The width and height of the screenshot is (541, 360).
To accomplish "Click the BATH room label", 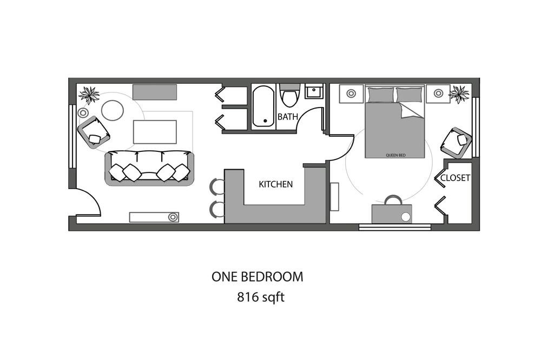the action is tap(288, 117).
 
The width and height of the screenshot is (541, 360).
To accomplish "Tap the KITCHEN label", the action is tap(276, 184).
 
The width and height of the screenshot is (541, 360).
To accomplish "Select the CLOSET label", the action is tap(455, 178).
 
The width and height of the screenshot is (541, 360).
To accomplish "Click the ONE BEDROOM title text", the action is tap(258, 277).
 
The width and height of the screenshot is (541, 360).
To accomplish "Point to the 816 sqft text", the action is tap(261, 297).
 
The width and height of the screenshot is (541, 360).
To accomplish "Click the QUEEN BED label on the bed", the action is tap(395, 155).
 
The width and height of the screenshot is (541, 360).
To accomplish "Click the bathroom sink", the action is tap(314, 91).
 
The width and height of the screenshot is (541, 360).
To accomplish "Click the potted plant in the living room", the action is tap(89, 95).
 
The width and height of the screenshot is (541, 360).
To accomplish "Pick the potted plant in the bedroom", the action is tap(459, 94).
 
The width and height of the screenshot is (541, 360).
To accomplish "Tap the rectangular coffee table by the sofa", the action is tap(155, 132).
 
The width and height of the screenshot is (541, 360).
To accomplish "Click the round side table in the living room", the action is tap(113, 110).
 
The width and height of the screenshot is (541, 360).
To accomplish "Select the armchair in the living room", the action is tap(94, 132).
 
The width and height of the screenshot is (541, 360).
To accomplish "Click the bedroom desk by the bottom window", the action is tap(392, 214).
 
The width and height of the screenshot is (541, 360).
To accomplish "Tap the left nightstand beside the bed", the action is tap(351, 94).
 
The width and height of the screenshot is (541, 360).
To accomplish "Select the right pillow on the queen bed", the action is tap(409, 95).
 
